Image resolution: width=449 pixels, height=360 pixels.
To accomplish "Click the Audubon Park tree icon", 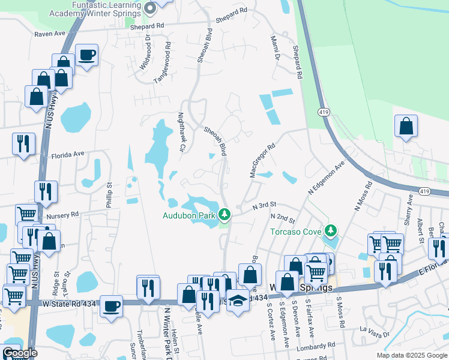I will [x=224, y=214].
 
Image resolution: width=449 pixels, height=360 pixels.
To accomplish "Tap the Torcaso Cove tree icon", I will [x=330, y=230].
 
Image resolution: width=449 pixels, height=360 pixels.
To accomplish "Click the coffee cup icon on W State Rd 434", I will [x=111, y=306].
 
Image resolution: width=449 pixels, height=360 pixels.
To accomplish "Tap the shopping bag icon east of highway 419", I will [x=406, y=126].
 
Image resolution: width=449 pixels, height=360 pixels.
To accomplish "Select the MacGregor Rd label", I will [x=262, y=160].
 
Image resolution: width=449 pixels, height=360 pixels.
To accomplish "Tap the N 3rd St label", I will [x=264, y=205].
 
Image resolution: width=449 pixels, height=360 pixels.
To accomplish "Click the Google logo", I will [x=19, y=353].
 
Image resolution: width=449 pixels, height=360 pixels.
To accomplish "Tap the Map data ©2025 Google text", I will [x=411, y=355].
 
